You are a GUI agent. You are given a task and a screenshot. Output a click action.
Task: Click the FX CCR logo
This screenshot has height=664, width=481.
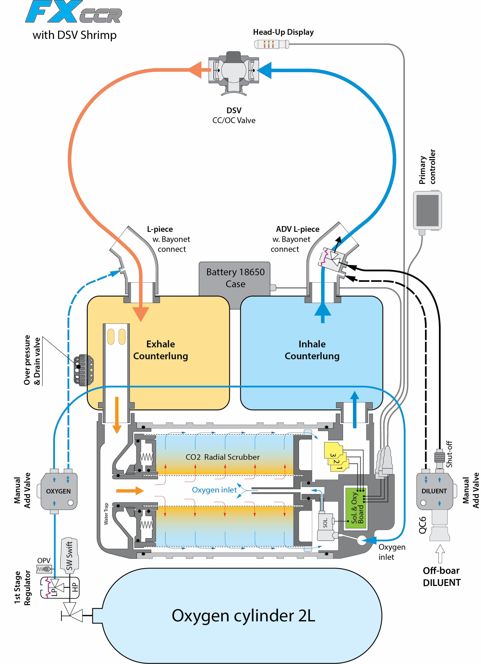[x=74, y=12]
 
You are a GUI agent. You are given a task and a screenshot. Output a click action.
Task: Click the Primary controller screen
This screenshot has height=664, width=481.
[x=427, y=210]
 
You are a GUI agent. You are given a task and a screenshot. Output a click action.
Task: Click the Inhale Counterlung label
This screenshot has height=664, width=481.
[x=312, y=350]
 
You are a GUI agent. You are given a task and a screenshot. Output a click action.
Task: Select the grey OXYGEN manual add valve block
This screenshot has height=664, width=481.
[x=59, y=491]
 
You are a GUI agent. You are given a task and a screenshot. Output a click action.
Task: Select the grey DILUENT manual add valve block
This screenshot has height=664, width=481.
[x=435, y=491]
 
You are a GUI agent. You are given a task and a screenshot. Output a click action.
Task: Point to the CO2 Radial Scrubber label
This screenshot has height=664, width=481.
[x=223, y=457]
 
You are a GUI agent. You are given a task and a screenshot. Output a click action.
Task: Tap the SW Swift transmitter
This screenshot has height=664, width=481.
[x=69, y=555]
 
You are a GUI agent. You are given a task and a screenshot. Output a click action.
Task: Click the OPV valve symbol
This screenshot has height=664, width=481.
[x=44, y=569]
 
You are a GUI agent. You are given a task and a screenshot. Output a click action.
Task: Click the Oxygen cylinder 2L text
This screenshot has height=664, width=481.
[x=243, y=616]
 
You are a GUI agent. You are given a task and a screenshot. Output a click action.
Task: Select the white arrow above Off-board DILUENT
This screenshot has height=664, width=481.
[x=440, y=553]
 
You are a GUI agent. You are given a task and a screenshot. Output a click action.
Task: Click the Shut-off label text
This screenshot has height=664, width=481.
[x=449, y=454]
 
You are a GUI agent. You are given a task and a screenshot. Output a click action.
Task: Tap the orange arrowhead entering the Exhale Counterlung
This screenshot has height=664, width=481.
[x=141, y=314]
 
